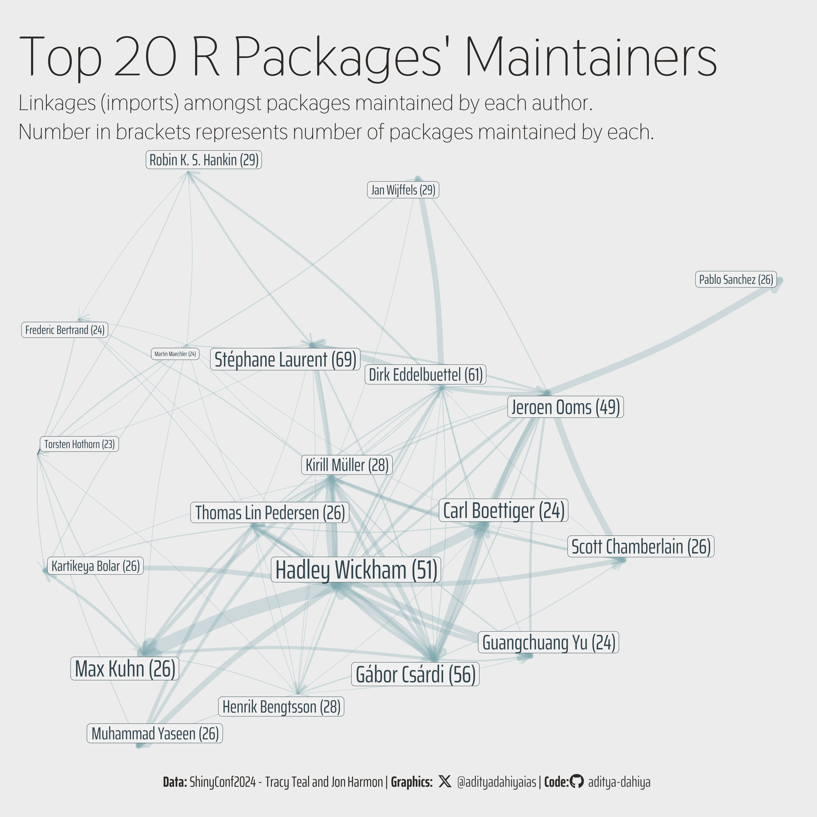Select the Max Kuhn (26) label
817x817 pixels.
125,669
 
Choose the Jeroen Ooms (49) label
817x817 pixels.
565,407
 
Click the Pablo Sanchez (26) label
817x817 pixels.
736,280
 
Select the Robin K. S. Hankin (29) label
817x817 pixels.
204,160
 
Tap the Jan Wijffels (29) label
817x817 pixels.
403,190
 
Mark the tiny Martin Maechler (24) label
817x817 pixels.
175,353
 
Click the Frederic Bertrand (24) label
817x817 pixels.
65,330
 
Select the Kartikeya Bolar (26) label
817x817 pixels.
96,566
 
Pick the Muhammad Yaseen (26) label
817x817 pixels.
155,733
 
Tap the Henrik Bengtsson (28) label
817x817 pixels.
281,707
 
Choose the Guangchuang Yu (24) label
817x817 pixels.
548,642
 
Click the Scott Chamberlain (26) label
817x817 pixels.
641,546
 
